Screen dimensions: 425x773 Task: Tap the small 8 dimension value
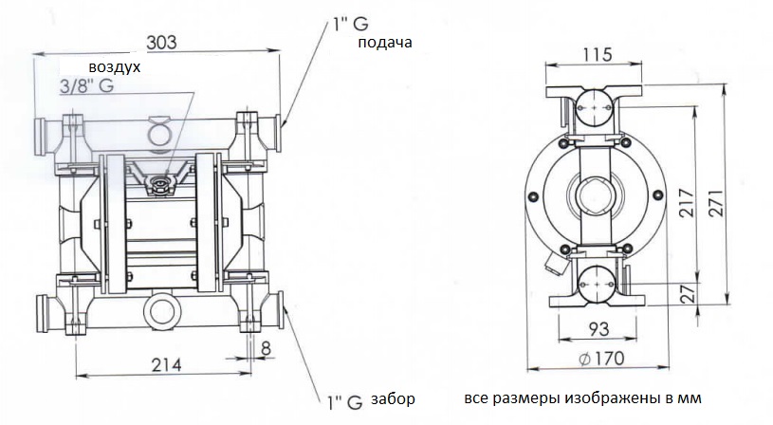pos(265,346)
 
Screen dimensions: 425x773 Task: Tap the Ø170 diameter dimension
pos(598,359)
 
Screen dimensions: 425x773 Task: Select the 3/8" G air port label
pos(86,87)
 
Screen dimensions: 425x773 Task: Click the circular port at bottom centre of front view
pos(161,311)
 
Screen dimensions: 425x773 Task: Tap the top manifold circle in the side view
pos(595,108)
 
